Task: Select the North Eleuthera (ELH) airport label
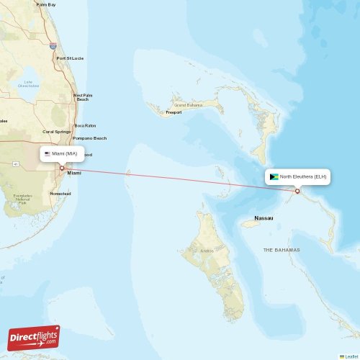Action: click(x=302, y=176)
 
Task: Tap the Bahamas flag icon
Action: click(x=274, y=176)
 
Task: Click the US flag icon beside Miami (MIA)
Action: click(x=48, y=153)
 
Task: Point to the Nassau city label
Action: click(x=264, y=217)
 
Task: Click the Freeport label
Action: click(x=174, y=112)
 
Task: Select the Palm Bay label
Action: click(x=46, y=4)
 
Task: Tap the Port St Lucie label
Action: click(x=70, y=58)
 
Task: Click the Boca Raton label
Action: click(x=85, y=125)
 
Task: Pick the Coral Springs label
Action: click(x=57, y=132)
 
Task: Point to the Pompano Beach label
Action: click(x=89, y=138)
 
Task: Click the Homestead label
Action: click(x=60, y=194)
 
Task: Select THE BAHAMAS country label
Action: click(x=282, y=250)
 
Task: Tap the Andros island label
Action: click(x=206, y=251)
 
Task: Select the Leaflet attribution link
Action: click(x=349, y=356)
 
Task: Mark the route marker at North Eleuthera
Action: click(x=297, y=191)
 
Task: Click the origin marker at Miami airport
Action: click(x=62, y=168)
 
